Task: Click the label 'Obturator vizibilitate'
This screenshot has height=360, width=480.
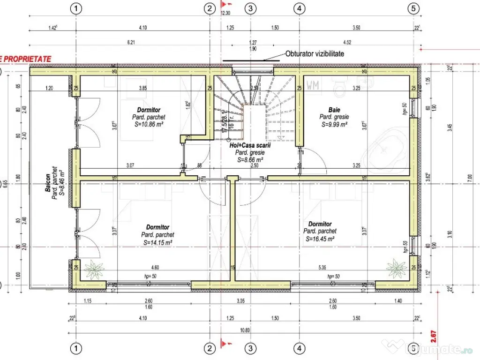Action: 315,54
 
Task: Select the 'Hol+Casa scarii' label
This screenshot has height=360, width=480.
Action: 250,146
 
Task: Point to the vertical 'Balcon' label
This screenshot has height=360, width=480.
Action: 48,180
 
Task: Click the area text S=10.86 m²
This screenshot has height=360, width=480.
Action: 149,124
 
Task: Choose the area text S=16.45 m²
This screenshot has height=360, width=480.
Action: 320,239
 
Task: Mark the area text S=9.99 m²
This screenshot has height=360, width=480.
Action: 334,125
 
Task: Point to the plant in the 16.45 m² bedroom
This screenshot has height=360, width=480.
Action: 396,268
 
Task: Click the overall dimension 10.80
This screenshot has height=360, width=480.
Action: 244,330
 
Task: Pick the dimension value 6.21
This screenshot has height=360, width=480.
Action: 131,43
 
